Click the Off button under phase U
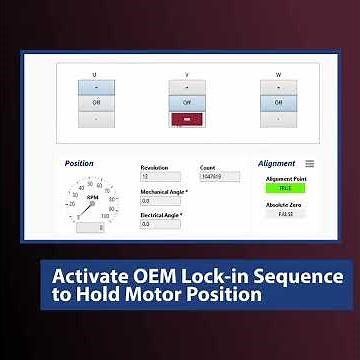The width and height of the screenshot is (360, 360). tap(95, 101)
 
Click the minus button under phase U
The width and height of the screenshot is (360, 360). tap(95, 117)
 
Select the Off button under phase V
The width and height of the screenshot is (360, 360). tap(187, 101)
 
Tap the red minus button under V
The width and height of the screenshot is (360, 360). tap(187, 118)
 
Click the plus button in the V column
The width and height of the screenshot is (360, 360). tap(187, 86)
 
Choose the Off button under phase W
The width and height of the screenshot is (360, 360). tap(279, 101)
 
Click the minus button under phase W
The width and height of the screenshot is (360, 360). tap(279, 117)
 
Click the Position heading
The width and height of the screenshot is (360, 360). tap(79, 163)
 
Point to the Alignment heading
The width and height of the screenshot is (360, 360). tap(276, 163)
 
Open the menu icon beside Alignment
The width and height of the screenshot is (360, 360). tap(310, 163)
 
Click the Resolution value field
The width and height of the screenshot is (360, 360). tap(161, 177)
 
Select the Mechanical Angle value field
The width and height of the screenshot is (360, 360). tap(161, 200)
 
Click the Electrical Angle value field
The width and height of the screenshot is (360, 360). tap(161, 224)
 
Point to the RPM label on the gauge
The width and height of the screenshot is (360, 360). tap(91, 197)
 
